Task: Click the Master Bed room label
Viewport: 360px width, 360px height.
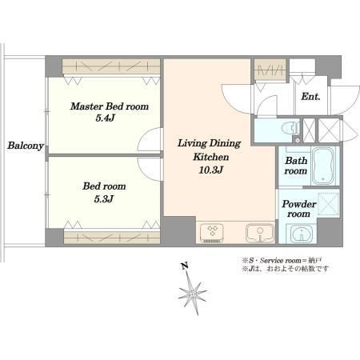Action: tap(110, 106)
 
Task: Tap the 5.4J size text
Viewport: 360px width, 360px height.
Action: tap(105, 118)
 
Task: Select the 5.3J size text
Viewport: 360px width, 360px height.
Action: tap(104, 198)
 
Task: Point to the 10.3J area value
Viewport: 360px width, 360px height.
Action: tap(210, 170)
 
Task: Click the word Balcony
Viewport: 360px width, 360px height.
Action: tap(26, 146)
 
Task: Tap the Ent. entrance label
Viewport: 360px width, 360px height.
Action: tap(310, 97)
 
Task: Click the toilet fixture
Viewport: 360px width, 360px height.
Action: tap(292, 128)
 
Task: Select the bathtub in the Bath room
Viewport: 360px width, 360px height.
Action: tap(323, 166)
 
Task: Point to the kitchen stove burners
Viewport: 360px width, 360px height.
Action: tap(212, 232)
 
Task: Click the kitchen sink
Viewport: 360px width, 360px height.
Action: tap(260, 233)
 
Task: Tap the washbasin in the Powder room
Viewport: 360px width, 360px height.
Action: tap(302, 234)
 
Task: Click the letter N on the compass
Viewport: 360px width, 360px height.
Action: tap(184, 266)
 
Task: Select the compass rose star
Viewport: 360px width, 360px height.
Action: tap(193, 294)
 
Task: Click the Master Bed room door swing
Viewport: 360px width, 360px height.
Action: tap(150, 140)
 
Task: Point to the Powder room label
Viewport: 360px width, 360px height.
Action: tap(299, 209)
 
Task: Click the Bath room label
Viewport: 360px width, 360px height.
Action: tap(296, 166)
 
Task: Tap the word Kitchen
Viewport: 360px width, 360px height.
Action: tap(211, 157)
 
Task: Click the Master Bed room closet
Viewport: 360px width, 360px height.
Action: tap(111, 66)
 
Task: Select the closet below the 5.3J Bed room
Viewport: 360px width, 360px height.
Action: tap(112, 237)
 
